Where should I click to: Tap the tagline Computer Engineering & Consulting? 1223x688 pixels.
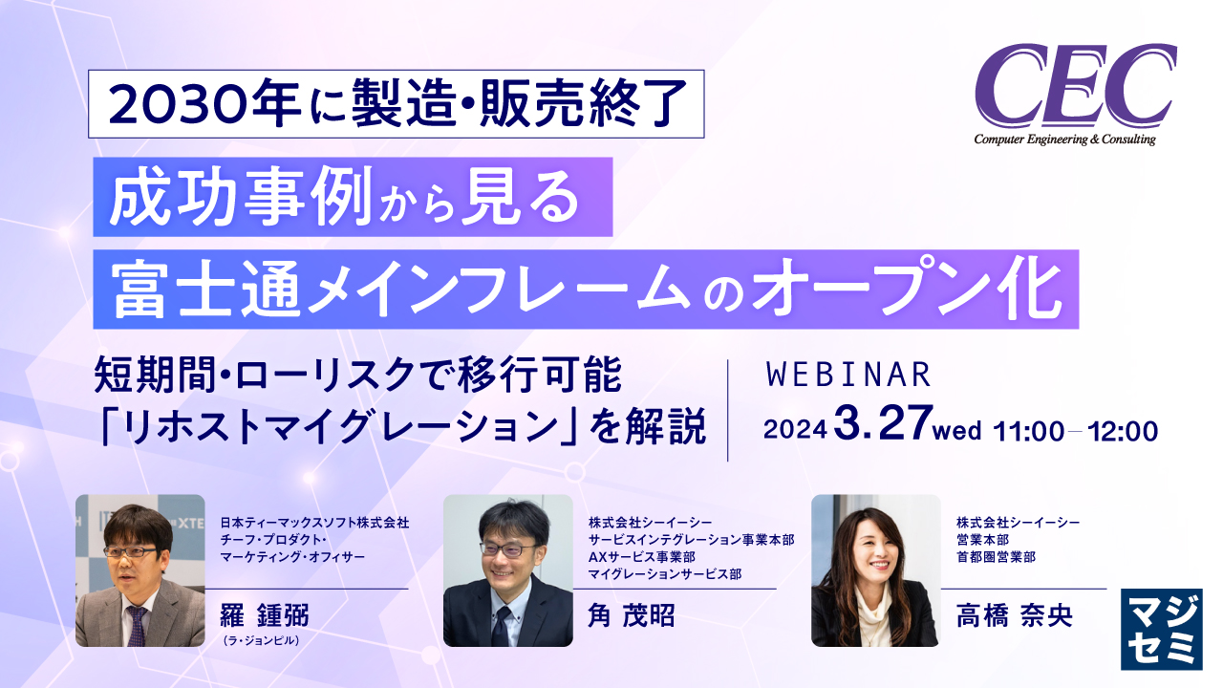(1064, 140)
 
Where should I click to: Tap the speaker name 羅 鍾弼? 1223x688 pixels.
(265, 615)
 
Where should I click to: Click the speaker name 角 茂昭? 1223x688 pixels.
(631, 615)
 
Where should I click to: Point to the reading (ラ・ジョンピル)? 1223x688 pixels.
(260, 641)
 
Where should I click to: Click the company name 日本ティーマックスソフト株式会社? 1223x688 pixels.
(314, 523)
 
